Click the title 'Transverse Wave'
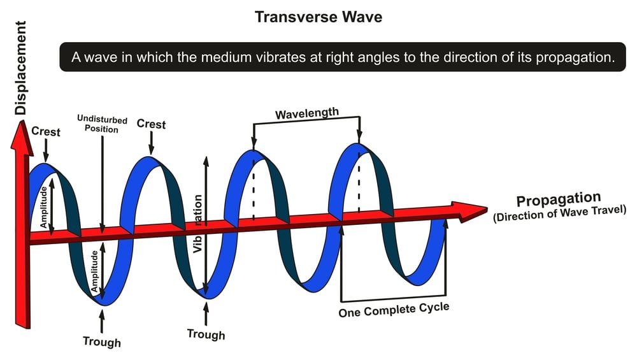pyautogui.click(x=318, y=17)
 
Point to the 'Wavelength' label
pyautogui.click(x=307, y=114)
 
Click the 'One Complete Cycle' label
pyautogui.click(x=394, y=310)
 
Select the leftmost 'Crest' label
pyautogui.click(x=46, y=132)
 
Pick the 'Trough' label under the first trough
pyautogui.click(x=102, y=342)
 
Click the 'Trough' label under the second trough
pyautogui.click(x=206, y=334)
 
